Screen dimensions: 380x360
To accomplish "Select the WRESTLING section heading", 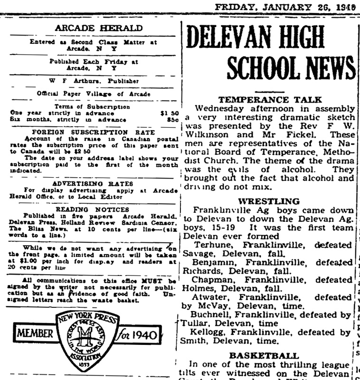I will (x=269, y=201).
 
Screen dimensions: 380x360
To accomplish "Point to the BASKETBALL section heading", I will (x=270, y=355).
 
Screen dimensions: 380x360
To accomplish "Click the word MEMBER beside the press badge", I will (x=35, y=334).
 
